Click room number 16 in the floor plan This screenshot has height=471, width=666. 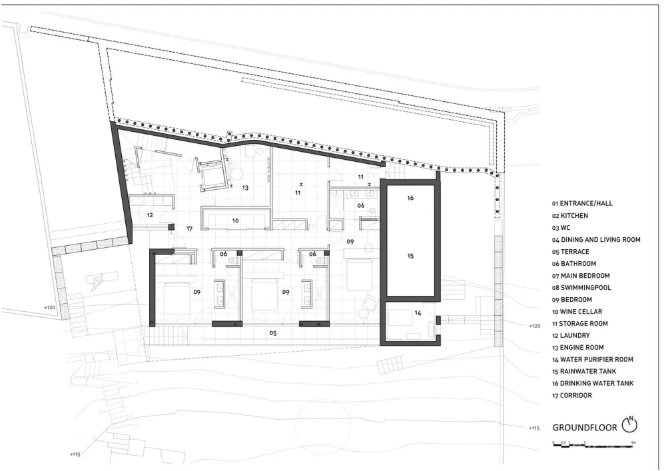pos(410,198)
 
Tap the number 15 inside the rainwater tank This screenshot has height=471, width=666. pos(410,256)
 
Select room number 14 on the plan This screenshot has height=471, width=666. pos(418,312)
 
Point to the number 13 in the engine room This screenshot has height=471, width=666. pos(245,188)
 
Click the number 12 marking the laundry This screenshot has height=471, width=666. pos(150,215)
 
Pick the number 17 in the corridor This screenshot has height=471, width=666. pos(189,229)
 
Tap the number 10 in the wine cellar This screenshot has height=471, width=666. pos(235,220)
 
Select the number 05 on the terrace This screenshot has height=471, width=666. pos(272,332)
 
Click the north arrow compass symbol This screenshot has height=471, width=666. pos(629,424)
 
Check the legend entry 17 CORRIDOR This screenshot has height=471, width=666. pos(576,396)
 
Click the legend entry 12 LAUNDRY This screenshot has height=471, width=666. pos(573,335)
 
